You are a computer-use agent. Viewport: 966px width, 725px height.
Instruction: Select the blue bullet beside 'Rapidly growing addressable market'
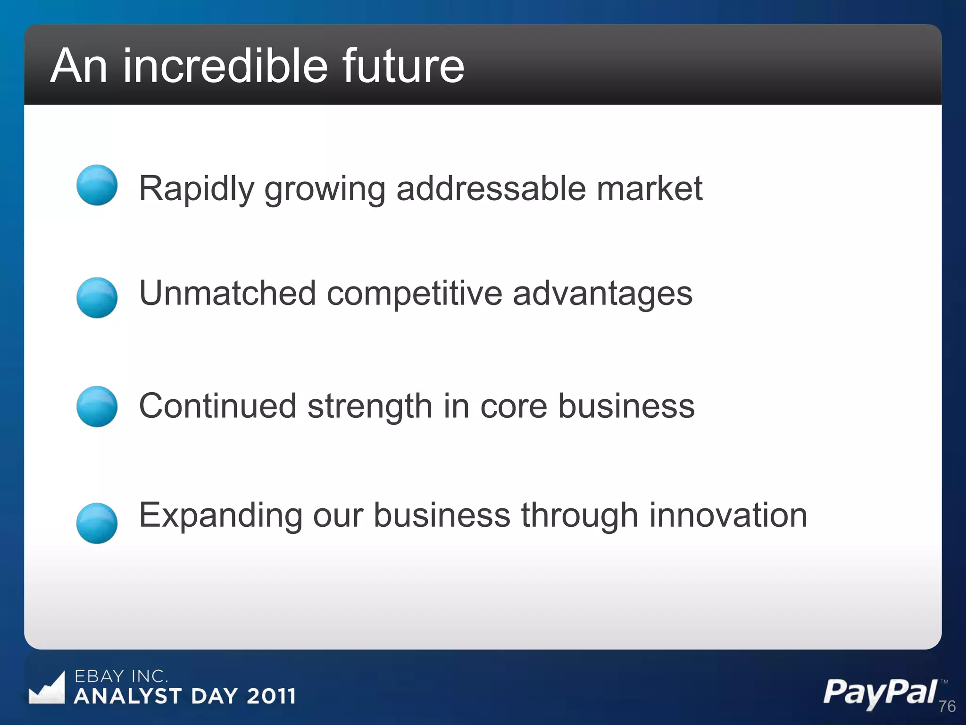(97, 185)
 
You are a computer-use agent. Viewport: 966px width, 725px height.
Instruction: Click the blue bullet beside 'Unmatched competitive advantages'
(97, 297)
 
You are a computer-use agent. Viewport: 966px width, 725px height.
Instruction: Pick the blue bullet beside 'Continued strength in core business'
(97, 406)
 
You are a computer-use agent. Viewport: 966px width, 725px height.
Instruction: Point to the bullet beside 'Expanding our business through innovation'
(97, 523)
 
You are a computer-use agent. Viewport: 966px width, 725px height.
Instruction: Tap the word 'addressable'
(491, 189)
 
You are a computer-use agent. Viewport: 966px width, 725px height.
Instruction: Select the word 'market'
(650, 189)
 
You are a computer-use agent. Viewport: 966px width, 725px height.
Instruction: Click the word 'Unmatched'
(227, 294)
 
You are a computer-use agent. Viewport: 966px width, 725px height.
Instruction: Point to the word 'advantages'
(602, 294)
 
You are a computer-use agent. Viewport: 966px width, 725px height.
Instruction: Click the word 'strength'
(370, 406)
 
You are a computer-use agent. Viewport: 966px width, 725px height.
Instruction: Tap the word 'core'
(514, 406)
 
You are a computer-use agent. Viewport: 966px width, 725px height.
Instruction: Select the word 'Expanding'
(221, 515)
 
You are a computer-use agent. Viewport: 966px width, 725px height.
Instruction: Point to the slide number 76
(947, 706)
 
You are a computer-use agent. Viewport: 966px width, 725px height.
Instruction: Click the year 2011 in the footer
(271, 696)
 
